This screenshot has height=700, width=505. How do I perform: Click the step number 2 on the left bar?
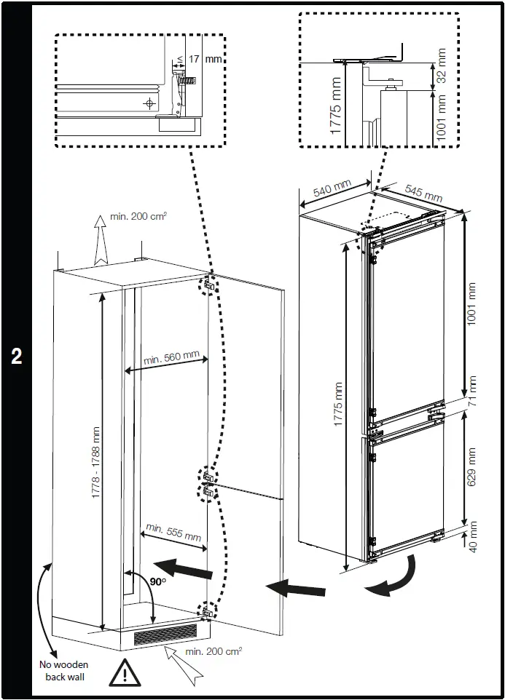16,356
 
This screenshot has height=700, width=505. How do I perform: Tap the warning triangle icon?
125,673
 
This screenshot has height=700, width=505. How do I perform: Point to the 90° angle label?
158,581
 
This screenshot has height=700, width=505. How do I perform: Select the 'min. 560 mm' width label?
171,358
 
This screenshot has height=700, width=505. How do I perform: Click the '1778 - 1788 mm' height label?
95,463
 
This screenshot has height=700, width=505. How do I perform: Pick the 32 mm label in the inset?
440,67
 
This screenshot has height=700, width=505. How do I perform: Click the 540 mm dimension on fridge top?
332,188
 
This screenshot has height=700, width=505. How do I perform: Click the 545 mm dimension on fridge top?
423,193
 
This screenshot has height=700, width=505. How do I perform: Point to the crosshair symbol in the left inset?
151,103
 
